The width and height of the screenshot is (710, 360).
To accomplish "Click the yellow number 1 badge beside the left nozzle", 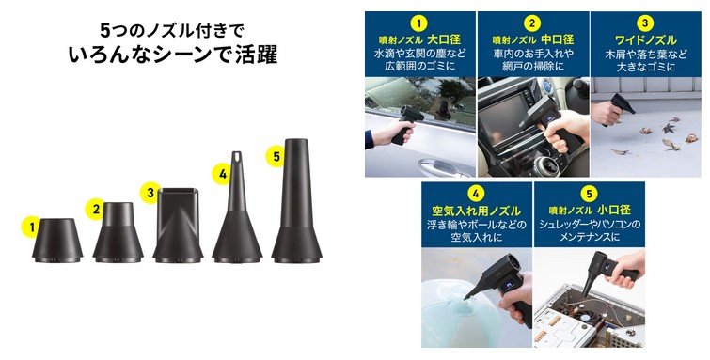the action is [31, 227].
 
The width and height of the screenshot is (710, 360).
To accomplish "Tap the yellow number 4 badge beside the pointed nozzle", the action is [221, 174].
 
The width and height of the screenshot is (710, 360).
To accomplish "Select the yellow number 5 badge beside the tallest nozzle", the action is [276, 157].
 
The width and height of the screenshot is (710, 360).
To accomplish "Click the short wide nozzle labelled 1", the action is [57, 241].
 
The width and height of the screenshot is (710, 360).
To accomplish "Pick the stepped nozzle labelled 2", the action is [118, 232].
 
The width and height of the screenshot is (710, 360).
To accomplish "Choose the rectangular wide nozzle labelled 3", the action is [178, 225].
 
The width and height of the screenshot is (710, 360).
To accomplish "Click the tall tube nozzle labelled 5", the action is [296, 200].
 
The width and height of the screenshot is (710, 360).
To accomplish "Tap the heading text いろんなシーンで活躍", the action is [172, 55].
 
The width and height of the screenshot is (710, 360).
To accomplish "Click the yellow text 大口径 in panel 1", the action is [444, 39].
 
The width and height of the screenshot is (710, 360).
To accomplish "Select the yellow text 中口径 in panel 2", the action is [558, 39].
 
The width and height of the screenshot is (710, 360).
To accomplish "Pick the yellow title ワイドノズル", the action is [645, 39].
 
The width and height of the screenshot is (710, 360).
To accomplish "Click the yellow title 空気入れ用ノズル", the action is [476, 211].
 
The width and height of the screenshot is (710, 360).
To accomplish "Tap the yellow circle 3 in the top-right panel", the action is [645, 23].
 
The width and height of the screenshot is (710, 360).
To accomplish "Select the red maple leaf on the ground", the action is [669, 128].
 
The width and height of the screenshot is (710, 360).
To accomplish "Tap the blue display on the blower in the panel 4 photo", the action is [509, 286].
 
